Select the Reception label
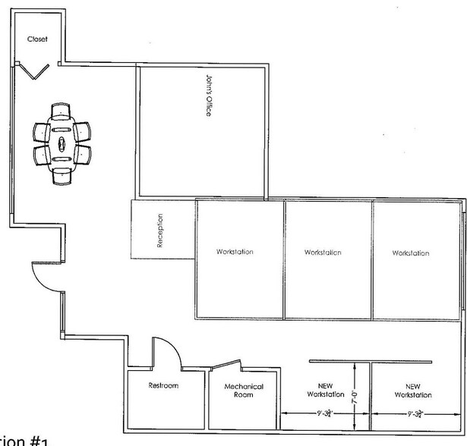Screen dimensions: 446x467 coord(160,231)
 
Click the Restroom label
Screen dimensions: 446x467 coord(163,386)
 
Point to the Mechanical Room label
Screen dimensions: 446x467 coord(244,391)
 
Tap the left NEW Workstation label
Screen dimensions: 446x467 coord(326,390)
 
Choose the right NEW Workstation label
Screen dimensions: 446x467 coord(414,390)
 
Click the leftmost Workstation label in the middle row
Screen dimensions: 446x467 coord(235,252)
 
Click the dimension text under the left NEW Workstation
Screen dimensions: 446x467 coord(324,413)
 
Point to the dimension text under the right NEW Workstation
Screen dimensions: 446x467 coord(415,413)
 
